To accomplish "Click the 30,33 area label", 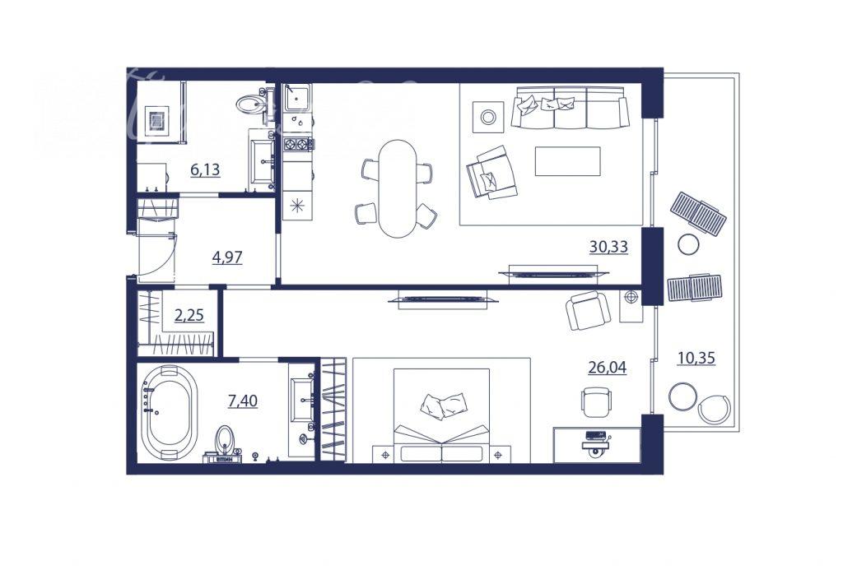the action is click(608, 247).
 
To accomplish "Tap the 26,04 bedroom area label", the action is click(607, 368).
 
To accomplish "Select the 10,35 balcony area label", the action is click(696, 358).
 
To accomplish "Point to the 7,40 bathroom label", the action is click(243, 401).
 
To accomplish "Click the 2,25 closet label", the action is click(189, 315).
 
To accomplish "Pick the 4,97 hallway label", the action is click(227, 258).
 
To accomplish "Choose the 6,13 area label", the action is click(205, 169).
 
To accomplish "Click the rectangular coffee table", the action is click(567, 161).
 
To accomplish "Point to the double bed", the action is click(441, 415).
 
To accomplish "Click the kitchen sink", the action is click(296, 98).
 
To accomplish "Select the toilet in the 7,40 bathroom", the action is click(226, 444).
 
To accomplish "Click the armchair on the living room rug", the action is click(491, 173).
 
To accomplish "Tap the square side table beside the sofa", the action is click(488, 117).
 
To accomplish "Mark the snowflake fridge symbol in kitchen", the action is click(296, 206).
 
